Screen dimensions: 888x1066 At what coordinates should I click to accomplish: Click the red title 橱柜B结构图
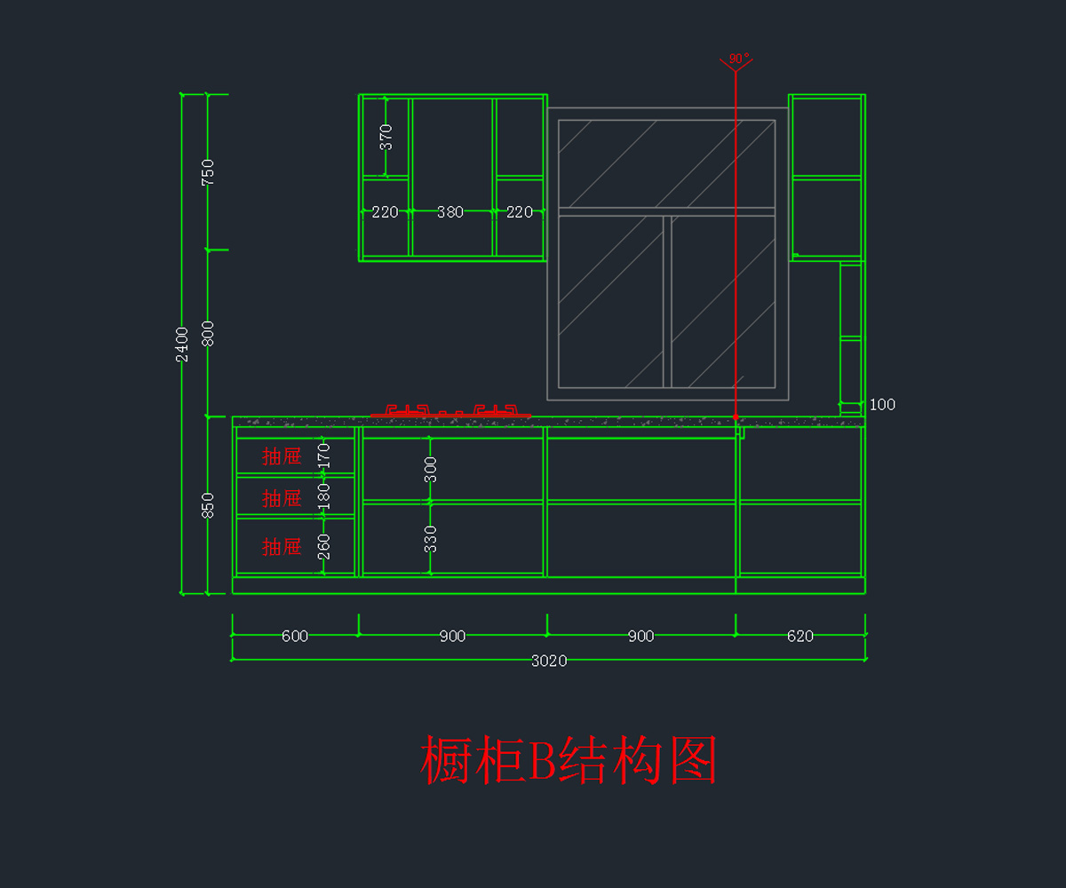pyautogui.click(x=569, y=760)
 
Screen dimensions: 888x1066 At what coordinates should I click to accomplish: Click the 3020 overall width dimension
pyautogui.click(x=549, y=661)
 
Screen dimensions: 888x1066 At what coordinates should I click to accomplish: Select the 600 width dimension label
pyautogui.click(x=295, y=636)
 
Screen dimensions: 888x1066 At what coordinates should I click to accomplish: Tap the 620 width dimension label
pyautogui.click(x=799, y=636)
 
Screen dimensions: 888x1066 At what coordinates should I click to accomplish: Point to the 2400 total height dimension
pyautogui.click(x=182, y=344)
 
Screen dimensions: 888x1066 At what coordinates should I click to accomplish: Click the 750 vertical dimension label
pyautogui.click(x=208, y=171)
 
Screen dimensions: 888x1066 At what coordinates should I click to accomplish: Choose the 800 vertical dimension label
pyautogui.click(x=208, y=333)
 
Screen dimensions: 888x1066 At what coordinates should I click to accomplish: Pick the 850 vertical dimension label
pyautogui.click(x=208, y=505)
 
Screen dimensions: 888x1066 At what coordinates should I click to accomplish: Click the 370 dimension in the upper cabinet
pyautogui.click(x=386, y=137)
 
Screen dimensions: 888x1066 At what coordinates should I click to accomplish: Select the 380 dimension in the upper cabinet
pyautogui.click(x=450, y=212)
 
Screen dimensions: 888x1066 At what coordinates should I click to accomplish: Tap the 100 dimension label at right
pyautogui.click(x=882, y=405)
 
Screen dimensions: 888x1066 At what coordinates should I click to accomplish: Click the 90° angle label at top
pyautogui.click(x=737, y=59)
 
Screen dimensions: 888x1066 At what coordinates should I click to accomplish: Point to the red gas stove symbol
pyautogui.click(x=451, y=411)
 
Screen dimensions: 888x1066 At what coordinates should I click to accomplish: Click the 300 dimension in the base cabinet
pyautogui.click(x=431, y=469)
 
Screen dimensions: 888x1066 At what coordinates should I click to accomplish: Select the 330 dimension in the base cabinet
pyautogui.click(x=431, y=538)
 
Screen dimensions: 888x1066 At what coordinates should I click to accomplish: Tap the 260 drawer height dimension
pyautogui.click(x=324, y=545)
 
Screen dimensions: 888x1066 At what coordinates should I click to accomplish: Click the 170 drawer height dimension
pyautogui.click(x=324, y=456)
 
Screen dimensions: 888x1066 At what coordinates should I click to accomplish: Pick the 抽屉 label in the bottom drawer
pyautogui.click(x=282, y=547)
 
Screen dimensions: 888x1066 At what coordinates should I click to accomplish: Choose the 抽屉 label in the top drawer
pyautogui.click(x=282, y=456)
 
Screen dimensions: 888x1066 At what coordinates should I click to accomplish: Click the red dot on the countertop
pyautogui.click(x=736, y=416)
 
